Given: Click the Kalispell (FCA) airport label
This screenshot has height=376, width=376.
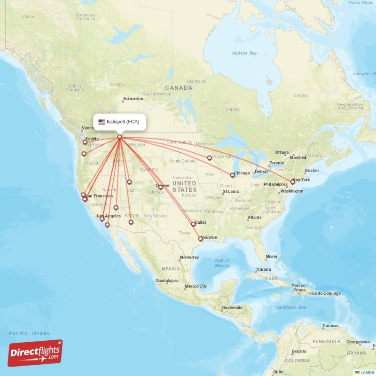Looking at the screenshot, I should [123, 122].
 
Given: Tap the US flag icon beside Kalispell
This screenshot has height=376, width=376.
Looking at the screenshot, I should [101, 122].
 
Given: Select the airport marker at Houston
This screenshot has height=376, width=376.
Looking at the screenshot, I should [201, 239].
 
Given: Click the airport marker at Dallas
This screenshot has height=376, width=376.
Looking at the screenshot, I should [193, 224].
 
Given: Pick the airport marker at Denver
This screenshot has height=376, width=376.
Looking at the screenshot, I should [161, 187].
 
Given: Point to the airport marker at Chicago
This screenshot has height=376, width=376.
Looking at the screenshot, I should [232, 175].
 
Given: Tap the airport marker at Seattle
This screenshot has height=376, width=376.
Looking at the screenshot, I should [85, 142].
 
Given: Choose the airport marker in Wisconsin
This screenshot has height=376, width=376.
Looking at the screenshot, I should [210, 158].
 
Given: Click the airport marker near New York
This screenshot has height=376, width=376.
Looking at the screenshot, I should [292, 181].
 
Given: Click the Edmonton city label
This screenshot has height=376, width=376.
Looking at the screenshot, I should [133, 99].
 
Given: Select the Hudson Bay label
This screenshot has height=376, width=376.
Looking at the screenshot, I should [244, 53].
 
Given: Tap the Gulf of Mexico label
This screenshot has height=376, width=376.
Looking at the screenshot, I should [222, 263].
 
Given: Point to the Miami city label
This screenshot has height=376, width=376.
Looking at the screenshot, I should [271, 257].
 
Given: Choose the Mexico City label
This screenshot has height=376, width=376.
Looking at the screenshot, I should [196, 286].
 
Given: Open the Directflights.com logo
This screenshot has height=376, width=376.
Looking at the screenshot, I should [35, 353].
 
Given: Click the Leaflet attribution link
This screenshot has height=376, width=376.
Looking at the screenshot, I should [367, 372].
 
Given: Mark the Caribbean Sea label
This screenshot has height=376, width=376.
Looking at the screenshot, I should [290, 307].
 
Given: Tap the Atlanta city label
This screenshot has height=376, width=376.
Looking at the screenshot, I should [256, 218].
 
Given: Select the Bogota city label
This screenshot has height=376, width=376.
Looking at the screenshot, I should [298, 351].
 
